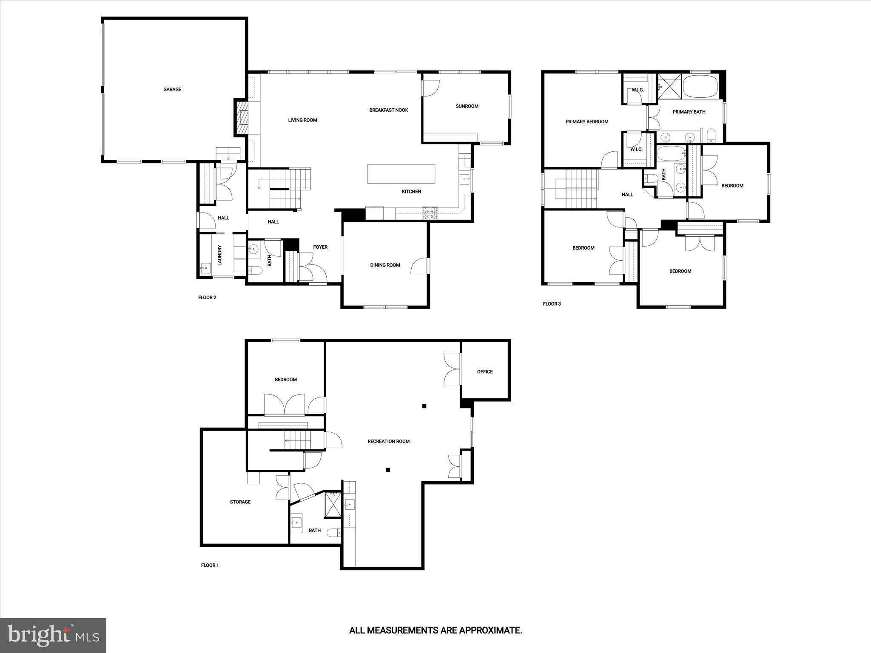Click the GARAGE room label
click(172, 89)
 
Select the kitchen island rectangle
click(401, 173)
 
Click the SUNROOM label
click(467, 106)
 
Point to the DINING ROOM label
click(385, 265)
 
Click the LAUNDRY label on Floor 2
click(220, 255)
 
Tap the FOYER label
click(320, 247)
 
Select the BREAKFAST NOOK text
click(389, 110)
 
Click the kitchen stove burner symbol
click(430, 213)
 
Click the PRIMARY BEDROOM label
click(587, 122)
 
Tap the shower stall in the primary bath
click(669, 86)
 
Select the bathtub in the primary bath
click(700, 86)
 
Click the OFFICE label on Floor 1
click(485, 372)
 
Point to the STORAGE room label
click(240, 502)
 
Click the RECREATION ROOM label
click(389, 441)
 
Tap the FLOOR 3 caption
click(552, 304)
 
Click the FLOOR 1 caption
click(210, 565)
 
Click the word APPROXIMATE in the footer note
click(490, 630)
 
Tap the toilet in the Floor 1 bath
click(334, 533)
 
